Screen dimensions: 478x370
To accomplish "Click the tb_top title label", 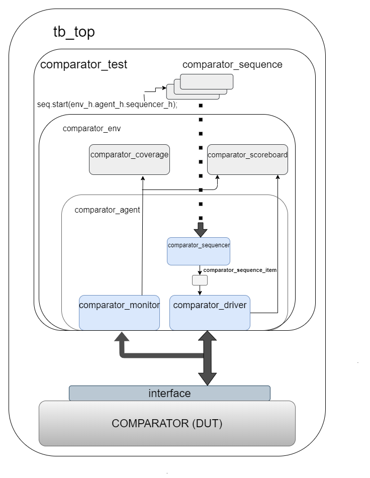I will (x=74, y=32).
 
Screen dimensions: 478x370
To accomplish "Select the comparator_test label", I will (x=83, y=64).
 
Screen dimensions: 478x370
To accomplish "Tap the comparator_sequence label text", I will (x=232, y=64).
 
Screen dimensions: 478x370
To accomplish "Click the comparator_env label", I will (x=91, y=128).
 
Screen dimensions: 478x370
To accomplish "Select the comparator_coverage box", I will (x=129, y=159).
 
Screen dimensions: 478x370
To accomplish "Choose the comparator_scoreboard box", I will (x=247, y=159).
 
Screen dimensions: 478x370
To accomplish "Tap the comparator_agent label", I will (x=107, y=210).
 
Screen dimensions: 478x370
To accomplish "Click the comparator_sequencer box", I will (x=199, y=251).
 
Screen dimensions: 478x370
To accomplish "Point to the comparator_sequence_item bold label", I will (x=240, y=270).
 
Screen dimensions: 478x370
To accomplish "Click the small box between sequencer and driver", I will (x=200, y=280).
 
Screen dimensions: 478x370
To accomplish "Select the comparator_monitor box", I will (x=119, y=312).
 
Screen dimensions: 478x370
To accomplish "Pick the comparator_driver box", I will (x=210, y=312).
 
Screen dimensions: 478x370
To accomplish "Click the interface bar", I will (x=169, y=393).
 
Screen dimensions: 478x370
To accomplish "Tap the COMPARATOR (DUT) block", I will (x=167, y=423).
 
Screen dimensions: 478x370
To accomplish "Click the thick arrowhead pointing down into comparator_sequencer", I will (x=201, y=231).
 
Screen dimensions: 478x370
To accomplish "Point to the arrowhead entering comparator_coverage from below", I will (x=143, y=178).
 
